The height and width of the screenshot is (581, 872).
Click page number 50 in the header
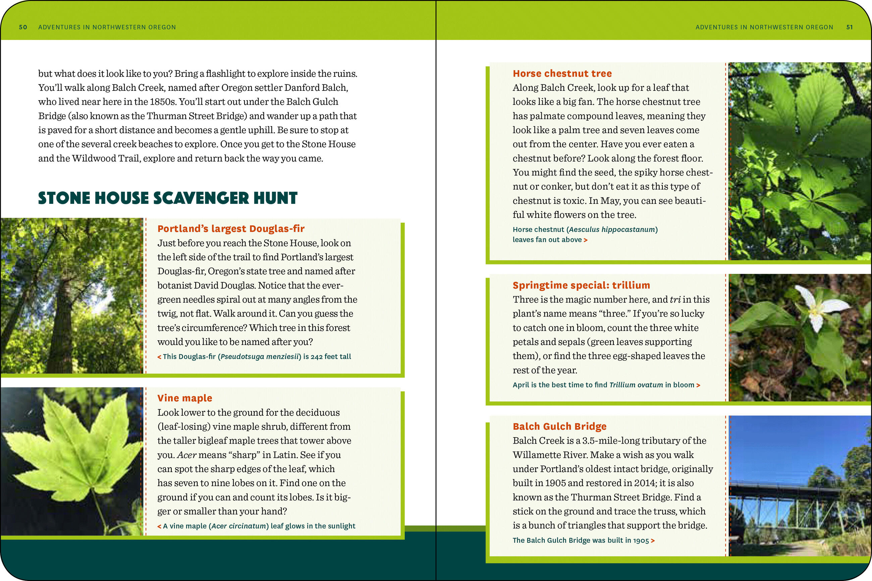click(x=23, y=27)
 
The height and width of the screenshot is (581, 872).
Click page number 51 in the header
click(x=850, y=27)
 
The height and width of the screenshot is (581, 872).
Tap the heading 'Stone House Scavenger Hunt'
click(x=167, y=198)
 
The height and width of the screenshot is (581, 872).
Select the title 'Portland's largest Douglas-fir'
click(x=231, y=229)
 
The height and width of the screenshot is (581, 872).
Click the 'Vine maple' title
click(x=184, y=398)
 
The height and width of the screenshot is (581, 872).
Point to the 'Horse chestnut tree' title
click(x=562, y=73)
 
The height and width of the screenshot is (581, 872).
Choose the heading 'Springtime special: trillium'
click(x=581, y=285)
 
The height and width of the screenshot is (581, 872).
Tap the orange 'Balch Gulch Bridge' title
click(x=559, y=426)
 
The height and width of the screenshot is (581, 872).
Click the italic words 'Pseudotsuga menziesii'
click(x=259, y=356)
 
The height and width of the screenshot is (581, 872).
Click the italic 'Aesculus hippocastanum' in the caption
click(x=612, y=229)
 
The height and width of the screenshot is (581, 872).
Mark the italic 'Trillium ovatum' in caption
click(x=636, y=385)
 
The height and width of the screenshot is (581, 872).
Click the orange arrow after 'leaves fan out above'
click(x=586, y=240)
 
